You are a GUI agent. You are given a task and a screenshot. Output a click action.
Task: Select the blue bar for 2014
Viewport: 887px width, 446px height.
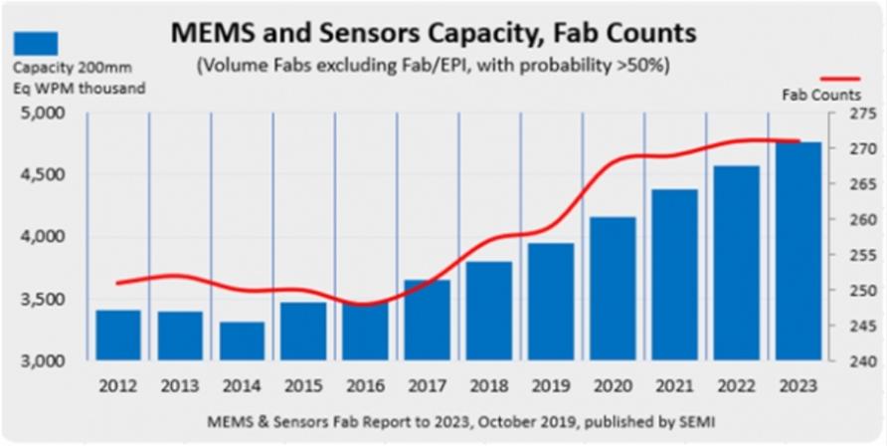pos(242,340)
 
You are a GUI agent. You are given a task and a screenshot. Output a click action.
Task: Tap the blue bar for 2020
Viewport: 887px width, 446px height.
pos(611,288)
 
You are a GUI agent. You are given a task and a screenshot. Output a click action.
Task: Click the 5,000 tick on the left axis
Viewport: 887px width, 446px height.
pos(43,113)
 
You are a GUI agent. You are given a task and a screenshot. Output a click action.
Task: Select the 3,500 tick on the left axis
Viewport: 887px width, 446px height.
pos(43,299)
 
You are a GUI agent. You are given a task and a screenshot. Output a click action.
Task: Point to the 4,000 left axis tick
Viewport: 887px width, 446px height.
pos(43,237)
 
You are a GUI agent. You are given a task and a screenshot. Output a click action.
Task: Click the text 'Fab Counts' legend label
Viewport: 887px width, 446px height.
pos(819,95)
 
